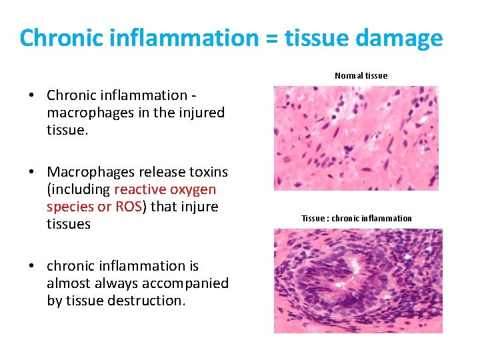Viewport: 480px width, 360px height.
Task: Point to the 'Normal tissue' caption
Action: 361,76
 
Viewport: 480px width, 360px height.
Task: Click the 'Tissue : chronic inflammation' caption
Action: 356,219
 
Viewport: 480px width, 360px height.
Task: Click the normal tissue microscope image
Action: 356,138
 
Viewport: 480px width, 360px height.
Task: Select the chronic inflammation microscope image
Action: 358,281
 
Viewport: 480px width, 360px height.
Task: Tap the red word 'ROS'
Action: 128,207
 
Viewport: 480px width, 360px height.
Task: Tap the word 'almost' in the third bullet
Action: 68,283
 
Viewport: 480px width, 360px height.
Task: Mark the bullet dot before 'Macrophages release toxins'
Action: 31,172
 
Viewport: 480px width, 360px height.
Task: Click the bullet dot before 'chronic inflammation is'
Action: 31,266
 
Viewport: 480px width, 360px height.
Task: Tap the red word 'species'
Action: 70,207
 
